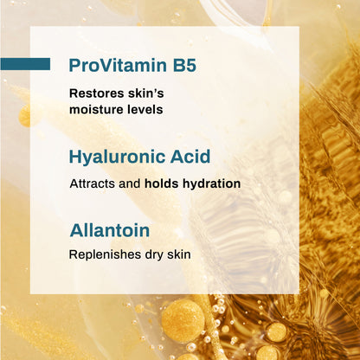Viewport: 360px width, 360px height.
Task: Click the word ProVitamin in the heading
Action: [x=115, y=65]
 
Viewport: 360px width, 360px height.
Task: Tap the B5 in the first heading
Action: [x=182, y=65]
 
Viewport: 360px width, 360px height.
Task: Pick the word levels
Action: [x=144, y=110]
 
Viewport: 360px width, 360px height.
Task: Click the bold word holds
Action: [x=164, y=184]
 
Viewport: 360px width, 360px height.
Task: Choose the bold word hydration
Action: [x=212, y=184]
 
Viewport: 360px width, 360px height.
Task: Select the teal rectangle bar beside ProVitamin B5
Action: [x=25, y=64]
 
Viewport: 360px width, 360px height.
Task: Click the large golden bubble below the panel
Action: [x=183, y=320]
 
